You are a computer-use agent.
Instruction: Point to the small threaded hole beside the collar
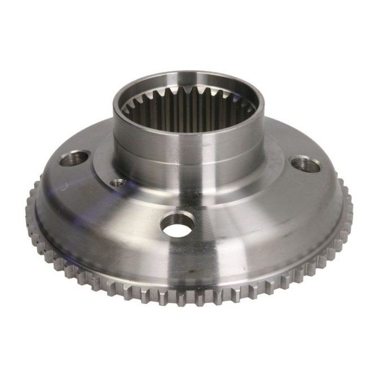click(118, 183)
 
